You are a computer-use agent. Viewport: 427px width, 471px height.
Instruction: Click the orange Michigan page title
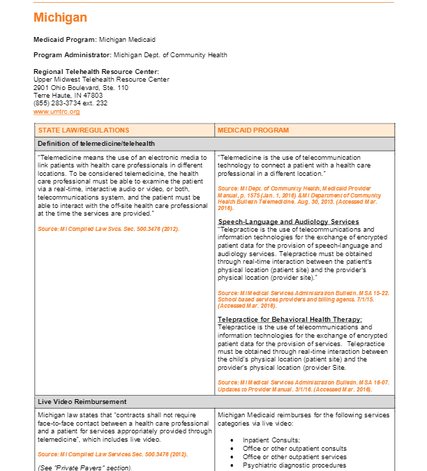coord(60,17)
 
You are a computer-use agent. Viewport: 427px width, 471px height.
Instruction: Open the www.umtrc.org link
coord(57,112)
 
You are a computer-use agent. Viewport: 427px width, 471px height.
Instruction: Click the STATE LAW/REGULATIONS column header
coord(84,130)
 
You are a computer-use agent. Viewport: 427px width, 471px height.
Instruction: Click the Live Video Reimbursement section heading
coord(82,402)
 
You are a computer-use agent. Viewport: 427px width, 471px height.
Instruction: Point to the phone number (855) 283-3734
coord(70,103)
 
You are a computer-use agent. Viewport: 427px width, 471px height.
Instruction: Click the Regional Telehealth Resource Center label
coord(96,72)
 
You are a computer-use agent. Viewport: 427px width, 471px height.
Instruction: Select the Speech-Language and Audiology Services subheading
coord(288,222)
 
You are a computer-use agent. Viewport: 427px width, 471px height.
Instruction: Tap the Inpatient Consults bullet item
coord(271,440)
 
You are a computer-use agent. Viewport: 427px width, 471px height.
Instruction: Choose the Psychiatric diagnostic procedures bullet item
coord(294,465)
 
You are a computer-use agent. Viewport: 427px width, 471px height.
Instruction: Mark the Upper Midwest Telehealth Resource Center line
coord(101,80)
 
